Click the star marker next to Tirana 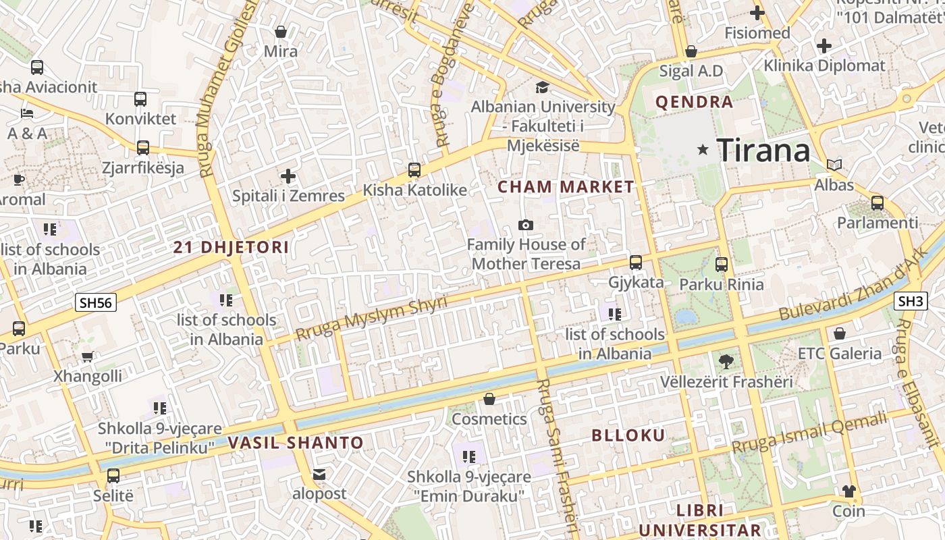(703, 150)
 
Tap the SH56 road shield (95, 302)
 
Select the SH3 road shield (911, 301)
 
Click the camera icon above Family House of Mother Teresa (525, 225)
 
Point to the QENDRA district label (694, 103)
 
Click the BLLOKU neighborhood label (628, 435)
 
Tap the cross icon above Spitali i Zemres (288, 177)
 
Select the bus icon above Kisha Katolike (414, 170)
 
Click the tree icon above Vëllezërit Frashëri (726, 362)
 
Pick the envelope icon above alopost (319, 475)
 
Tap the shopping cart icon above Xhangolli (87, 356)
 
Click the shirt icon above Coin (848, 491)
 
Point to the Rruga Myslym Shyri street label (371, 318)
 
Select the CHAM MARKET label (566, 187)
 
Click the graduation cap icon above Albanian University (542, 87)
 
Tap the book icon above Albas (834, 165)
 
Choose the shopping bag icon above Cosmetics (489, 400)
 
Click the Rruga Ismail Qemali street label (810, 434)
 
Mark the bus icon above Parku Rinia (722, 265)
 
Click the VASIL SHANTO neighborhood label (296, 443)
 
